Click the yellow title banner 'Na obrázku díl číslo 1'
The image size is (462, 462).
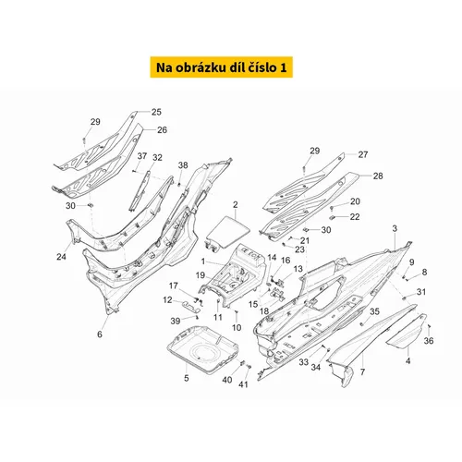[x=221, y=67]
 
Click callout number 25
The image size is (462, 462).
[x=156, y=112]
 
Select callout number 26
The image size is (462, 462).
[x=162, y=130]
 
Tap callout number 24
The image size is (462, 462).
[x=61, y=256]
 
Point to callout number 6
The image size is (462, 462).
[x=100, y=334]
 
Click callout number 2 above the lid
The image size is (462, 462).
[x=236, y=205]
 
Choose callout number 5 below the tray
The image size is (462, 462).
[x=187, y=378]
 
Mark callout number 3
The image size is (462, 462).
[x=395, y=228]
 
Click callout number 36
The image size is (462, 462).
[x=429, y=341]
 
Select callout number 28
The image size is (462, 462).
[x=378, y=176]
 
